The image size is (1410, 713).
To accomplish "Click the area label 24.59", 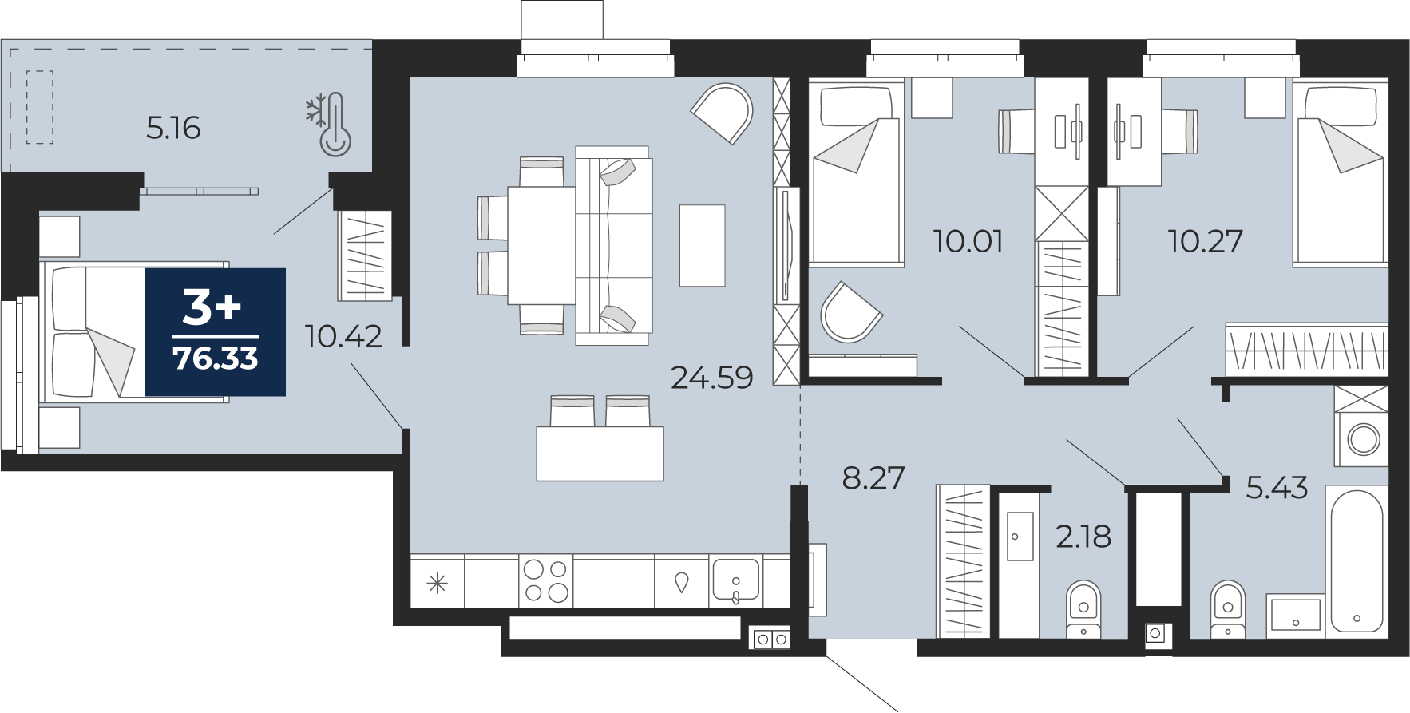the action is pyautogui.click(x=712, y=377).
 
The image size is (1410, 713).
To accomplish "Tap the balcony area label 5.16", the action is pyautogui.click(x=173, y=128).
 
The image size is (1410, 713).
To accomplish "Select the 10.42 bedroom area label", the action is pyautogui.click(x=343, y=336).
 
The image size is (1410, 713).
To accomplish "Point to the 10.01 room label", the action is pyautogui.click(x=968, y=240).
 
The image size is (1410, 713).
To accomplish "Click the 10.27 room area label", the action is pyautogui.click(x=1206, y=240).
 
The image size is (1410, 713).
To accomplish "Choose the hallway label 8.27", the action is pyautogui.click(x=873, y=477).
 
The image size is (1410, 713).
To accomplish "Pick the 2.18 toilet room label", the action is pyautogui.click(x=1083, y=537).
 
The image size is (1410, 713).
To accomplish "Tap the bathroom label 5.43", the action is pyautogui.click(x=1277, y=487).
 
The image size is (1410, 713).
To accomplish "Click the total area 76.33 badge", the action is pyautogui.click(x=216, y=332).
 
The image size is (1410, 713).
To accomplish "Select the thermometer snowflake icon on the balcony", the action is pyautogui.click(x=329, y=124).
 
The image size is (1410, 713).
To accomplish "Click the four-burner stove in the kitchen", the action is pyautogui.click(x=545, y=581).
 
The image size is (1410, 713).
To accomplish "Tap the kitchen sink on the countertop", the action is pyautogui.click(x=736, y=581).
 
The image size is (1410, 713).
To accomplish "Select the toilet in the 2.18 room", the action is pyautogui.click(x=1084, y=608).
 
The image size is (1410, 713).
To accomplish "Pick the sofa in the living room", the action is pyautogui.click(x=613, y=246).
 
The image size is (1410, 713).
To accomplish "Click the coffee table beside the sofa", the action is pyautogui.click(x=703, y=245).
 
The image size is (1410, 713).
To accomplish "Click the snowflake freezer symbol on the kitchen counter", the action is pyautogui.click(x=437, y=583).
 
